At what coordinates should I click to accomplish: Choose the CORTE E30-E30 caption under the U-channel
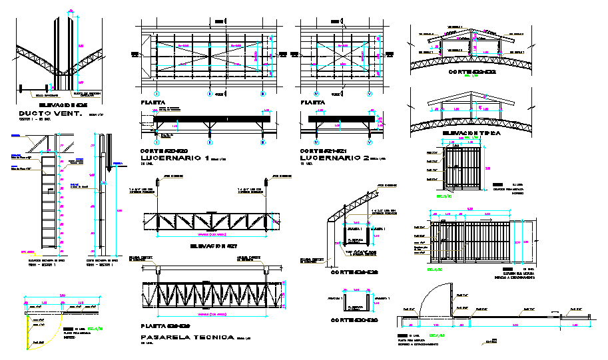(x=354, y=321)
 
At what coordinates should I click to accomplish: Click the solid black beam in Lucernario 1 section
(x=212, y=119)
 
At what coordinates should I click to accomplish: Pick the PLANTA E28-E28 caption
(x=166, y=326)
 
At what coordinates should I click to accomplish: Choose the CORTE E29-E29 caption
(x=354, y=272)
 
